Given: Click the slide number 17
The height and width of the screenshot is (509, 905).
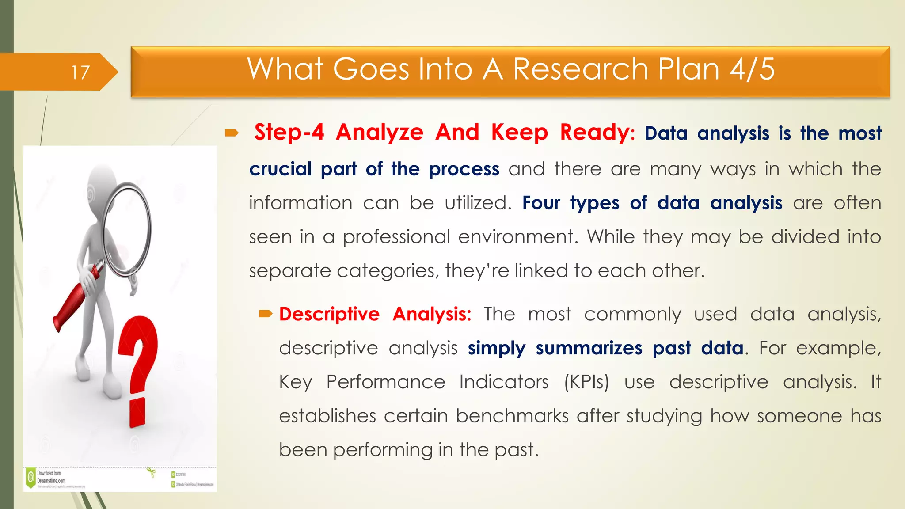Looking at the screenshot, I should pyautogui.click(x=80, y=72).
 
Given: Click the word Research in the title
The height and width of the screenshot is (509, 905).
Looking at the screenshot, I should pyautogui.click(x=581, y=69).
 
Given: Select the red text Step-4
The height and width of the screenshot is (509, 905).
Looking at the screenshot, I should pyautogui.click(x=289, y=133).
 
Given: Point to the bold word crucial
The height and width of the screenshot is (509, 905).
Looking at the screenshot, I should pyautogui.click(x=280, y=169).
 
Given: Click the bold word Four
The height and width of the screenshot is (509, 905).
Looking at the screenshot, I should pyautogui.click(x=541, y=203).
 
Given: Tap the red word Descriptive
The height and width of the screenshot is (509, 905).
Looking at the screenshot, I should pyautogui.click(x=329, y=315).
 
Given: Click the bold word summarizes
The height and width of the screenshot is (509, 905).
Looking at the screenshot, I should pyautogui.click(x=589, y=348).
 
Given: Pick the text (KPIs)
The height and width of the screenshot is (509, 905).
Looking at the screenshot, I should pyautogui.click(x=586, y=382).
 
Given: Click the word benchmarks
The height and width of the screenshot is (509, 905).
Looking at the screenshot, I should pyautogui.click(x=512, y=416).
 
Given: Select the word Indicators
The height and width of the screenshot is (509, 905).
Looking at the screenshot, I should pyautogui.click(x=503, y=382).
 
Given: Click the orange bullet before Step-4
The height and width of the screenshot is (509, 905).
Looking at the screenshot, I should pyautogui.click(x=232, y=133).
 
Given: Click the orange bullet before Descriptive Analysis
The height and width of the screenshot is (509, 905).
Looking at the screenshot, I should pyautogui.click(x=266, y=314).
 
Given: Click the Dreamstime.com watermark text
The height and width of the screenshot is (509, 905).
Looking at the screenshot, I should pyautogui.click(x=51, y=481).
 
